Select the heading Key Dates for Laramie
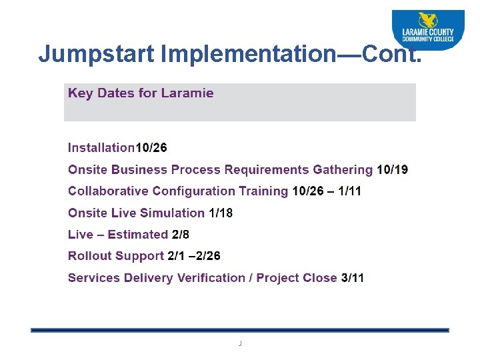(141, 93)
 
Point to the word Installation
(101, 148)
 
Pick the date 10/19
(392, 170)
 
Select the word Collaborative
(109, 191)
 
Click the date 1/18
(221, 213)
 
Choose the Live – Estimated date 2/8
(181, 235)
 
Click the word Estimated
(137, 235)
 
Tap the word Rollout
(89, 256)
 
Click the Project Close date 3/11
(353, 278)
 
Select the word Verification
(208, 278)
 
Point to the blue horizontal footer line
(240, 330)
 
